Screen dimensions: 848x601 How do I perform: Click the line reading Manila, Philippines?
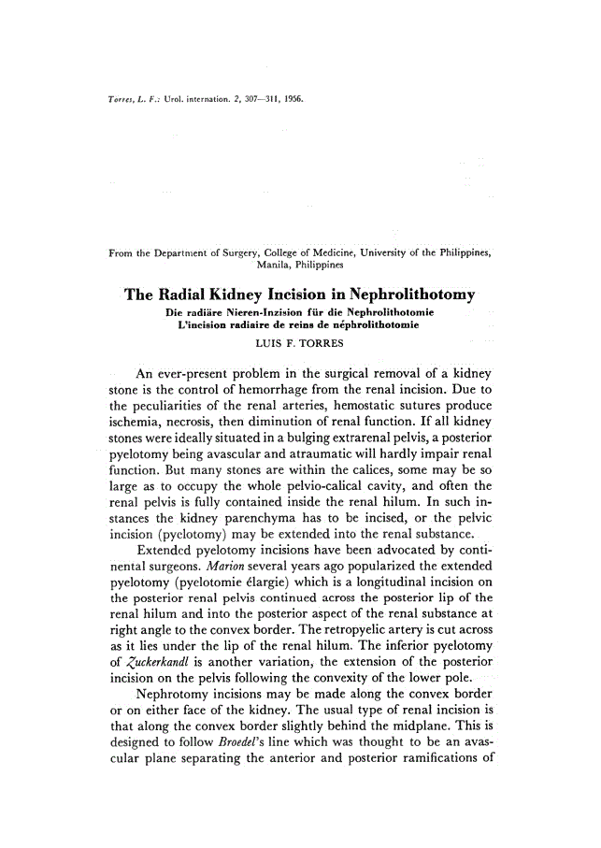pos(300,266)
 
